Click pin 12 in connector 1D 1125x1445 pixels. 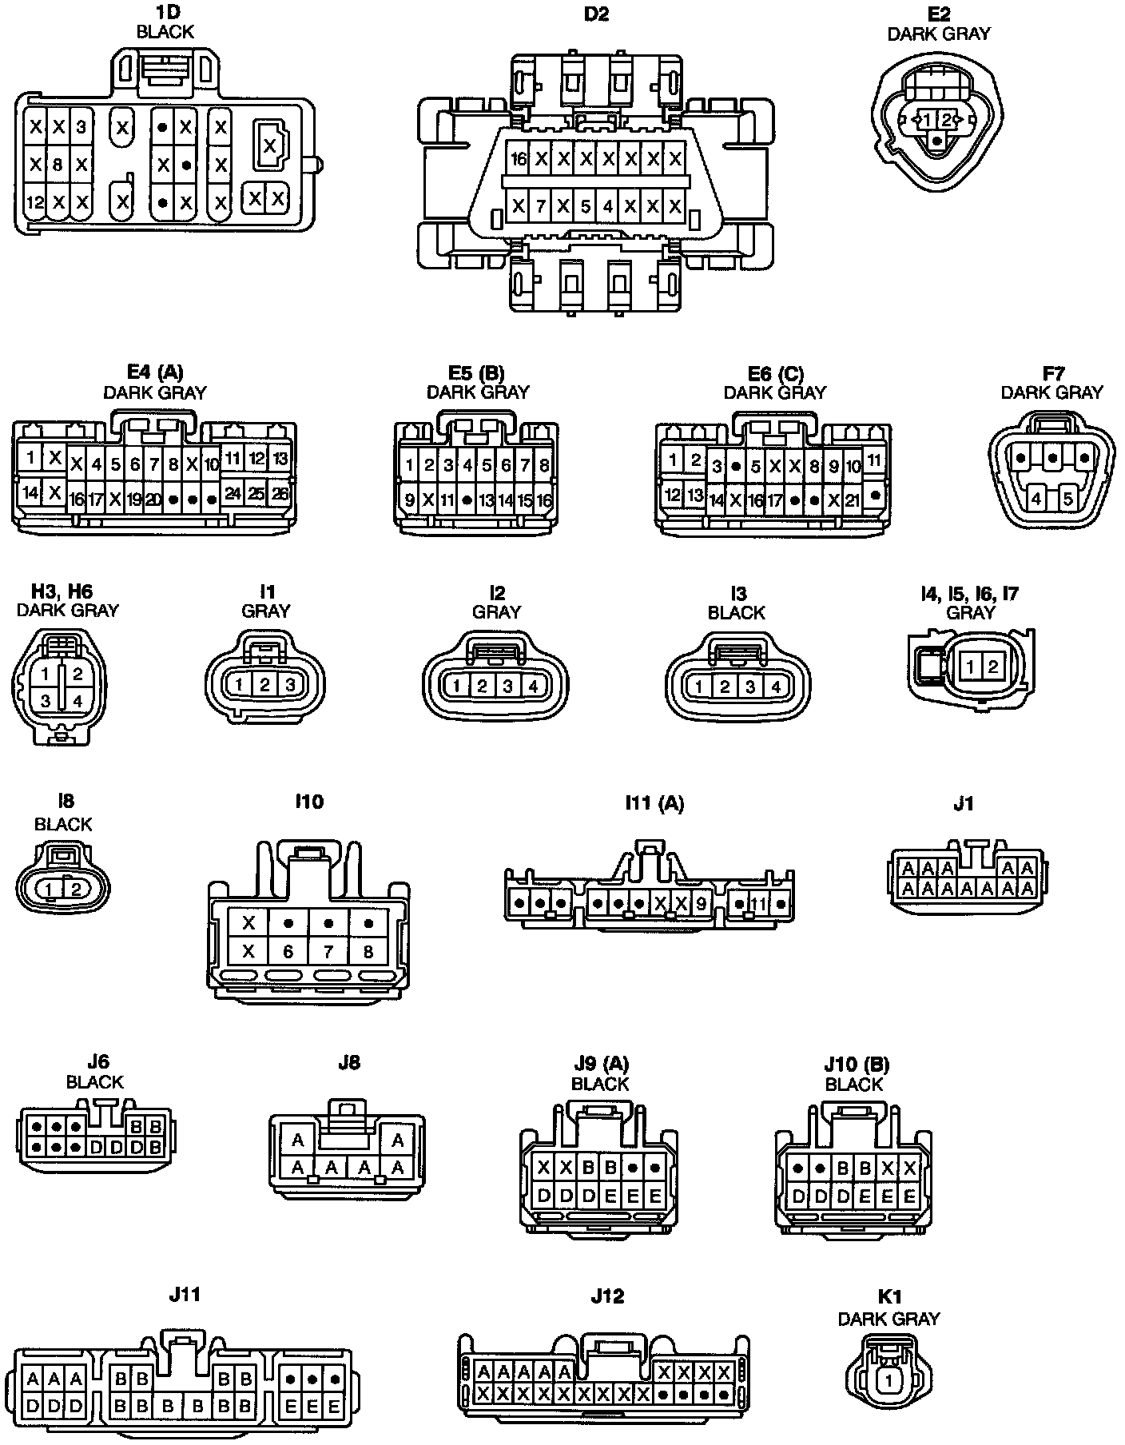(x=34, y=202)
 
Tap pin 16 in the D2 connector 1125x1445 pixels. (x=519, y=159)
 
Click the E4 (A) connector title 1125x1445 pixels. (x=155, y=372)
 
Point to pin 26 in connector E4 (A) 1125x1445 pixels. (x=280, y=493)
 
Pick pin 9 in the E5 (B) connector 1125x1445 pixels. (x=409, y=501)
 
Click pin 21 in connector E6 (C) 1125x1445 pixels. (x=853, y=500)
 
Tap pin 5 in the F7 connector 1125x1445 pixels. (x=1069, y=500)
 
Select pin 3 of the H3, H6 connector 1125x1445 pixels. (x=46, y=701)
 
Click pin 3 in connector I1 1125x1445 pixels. (x=291, y=685)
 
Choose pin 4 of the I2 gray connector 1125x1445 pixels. (x=533, y=686)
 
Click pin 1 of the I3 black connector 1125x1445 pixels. (x=699, y=687)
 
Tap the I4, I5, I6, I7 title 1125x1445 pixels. (x=969, y=594)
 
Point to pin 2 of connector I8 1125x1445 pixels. (x=75, y=889)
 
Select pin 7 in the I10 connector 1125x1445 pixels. (x=328, y=952)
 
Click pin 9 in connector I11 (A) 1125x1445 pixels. (x=701, y=904)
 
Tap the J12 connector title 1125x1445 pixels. (x=607, y=1296)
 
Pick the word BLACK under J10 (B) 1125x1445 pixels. (x=853, y=1085)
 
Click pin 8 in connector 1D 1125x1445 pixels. (x=58, y=165)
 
